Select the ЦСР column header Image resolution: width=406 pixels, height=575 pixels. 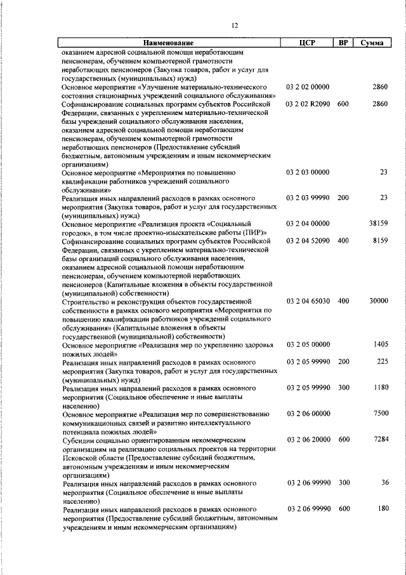pyautogui.click(x=307, y=43)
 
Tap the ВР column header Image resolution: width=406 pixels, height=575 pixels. pyautogui.click(x=343, y=43)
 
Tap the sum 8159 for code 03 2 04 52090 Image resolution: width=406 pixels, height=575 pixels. pyautogui.click(x=381, y=240)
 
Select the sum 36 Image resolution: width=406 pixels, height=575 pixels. pyautogui.click(x=384, y=483)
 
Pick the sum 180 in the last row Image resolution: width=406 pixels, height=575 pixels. pyautogui.click(x=382, y=508)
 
